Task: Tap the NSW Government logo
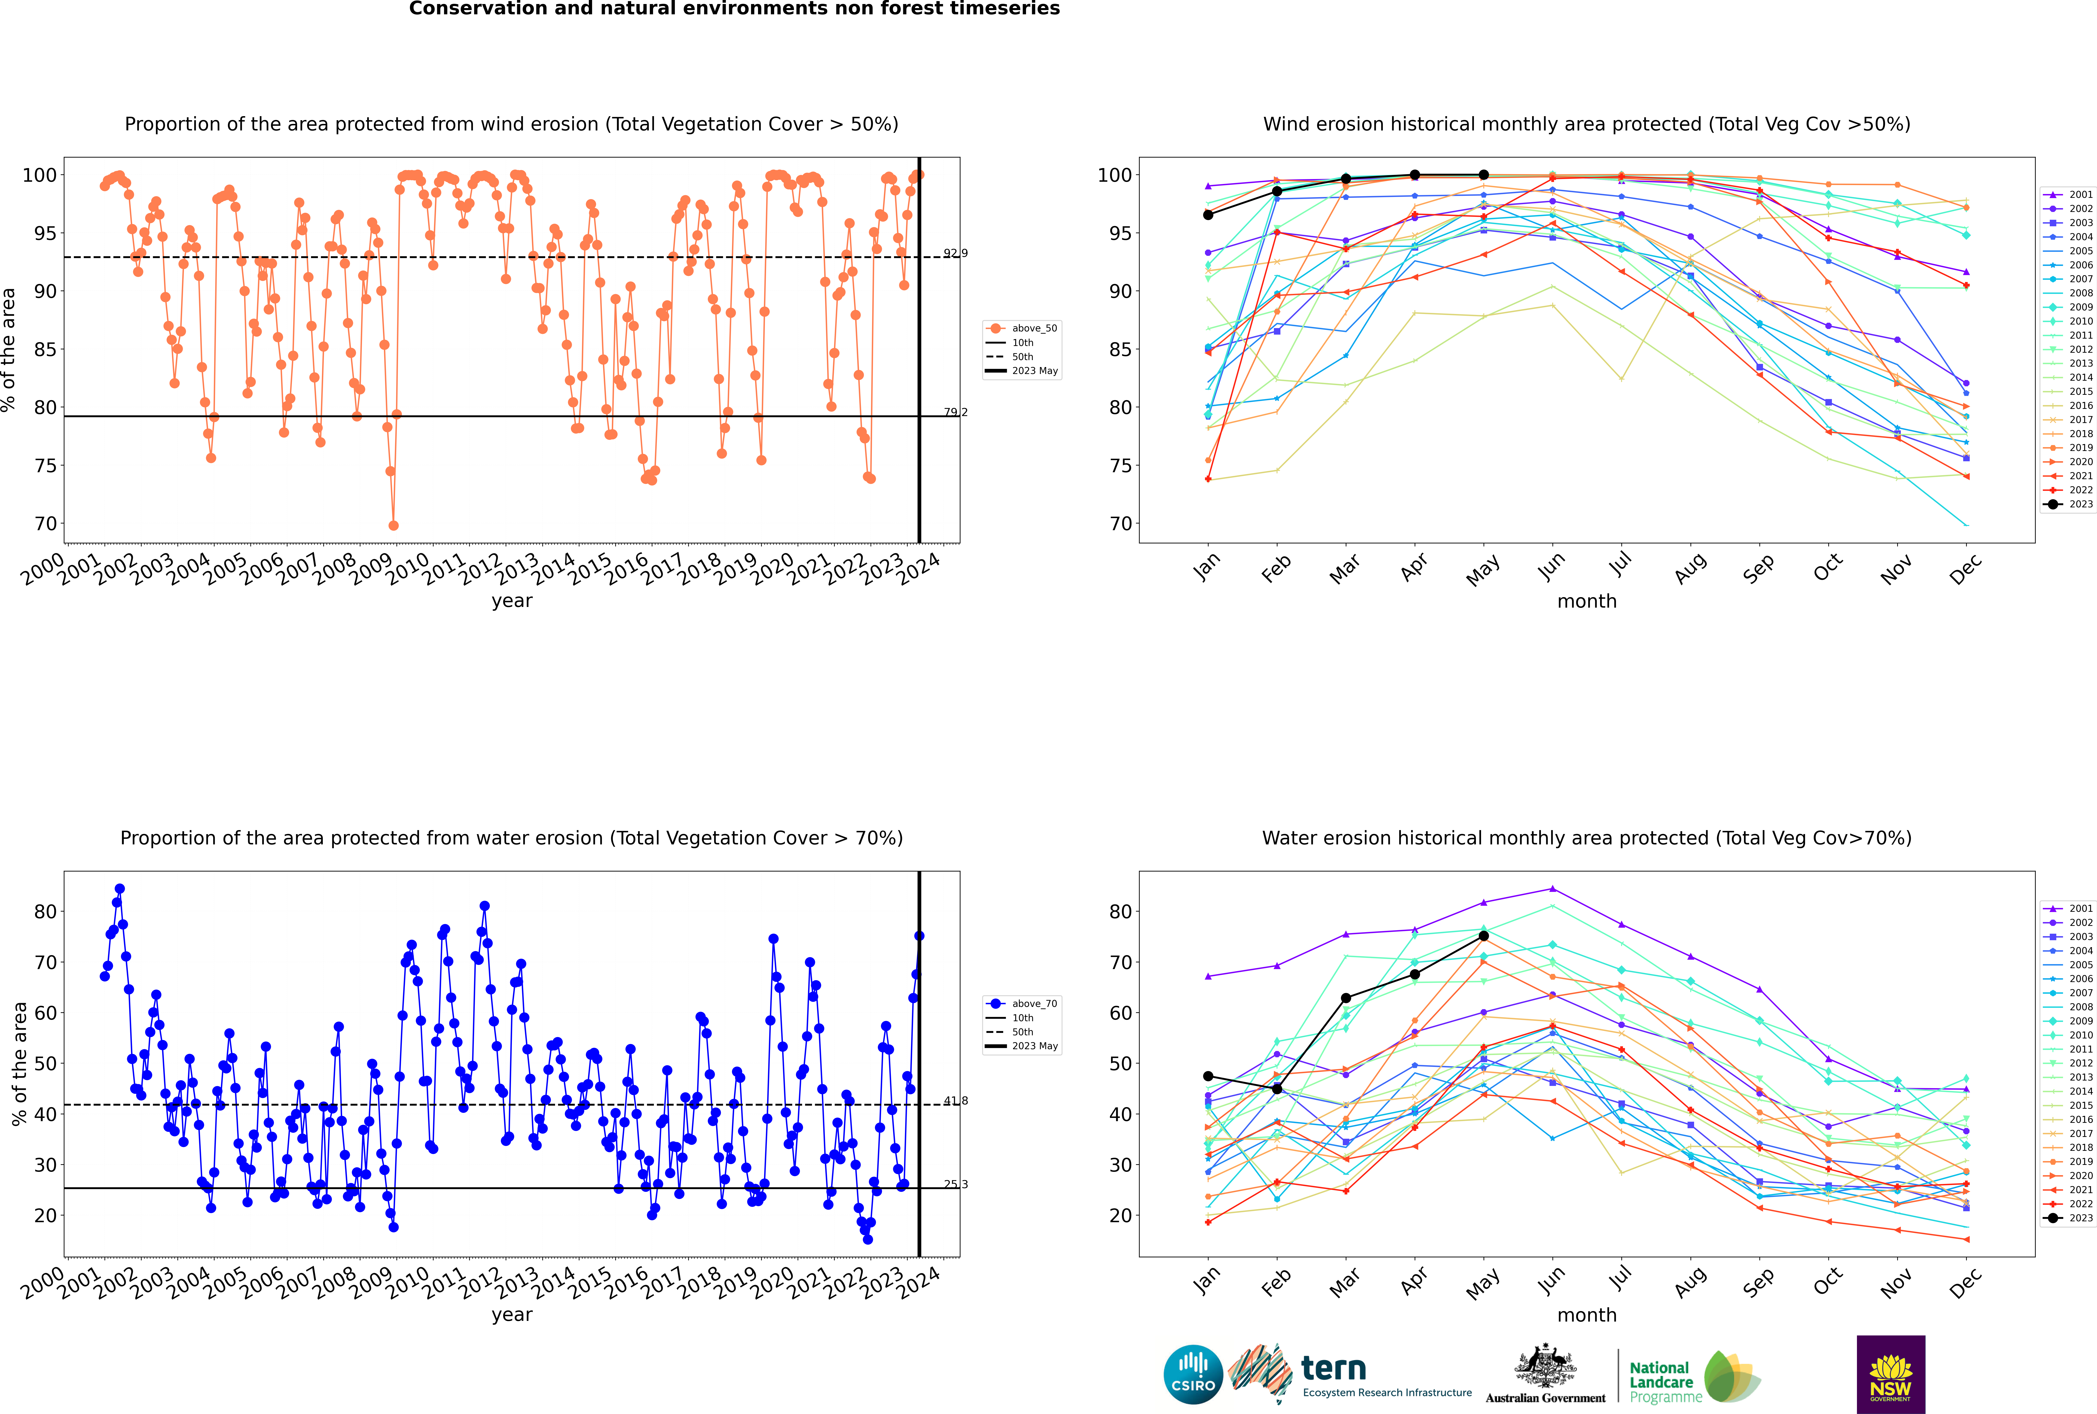pyautogui.click(x=1890, y=1373)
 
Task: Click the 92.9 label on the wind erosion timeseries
pyautogui.click(x=956, y=253)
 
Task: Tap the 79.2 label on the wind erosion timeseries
pyautogui.click(x=956, y=412)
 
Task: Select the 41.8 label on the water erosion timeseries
pyautogui.click(x=956, y=1101)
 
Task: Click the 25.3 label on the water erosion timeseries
pyautogui.click(x=956, y=1184)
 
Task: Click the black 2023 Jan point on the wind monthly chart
pyautogui.click(x=1208, y=215)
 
